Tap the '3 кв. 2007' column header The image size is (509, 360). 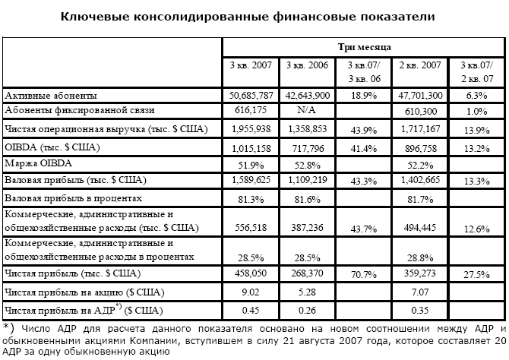point(251,65)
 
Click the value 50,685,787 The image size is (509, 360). point(251,96)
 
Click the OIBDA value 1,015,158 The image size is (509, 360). point(251,146)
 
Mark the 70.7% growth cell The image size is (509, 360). point(364,273)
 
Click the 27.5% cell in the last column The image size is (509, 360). point(478,273)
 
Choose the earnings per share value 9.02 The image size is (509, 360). point(251,291)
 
